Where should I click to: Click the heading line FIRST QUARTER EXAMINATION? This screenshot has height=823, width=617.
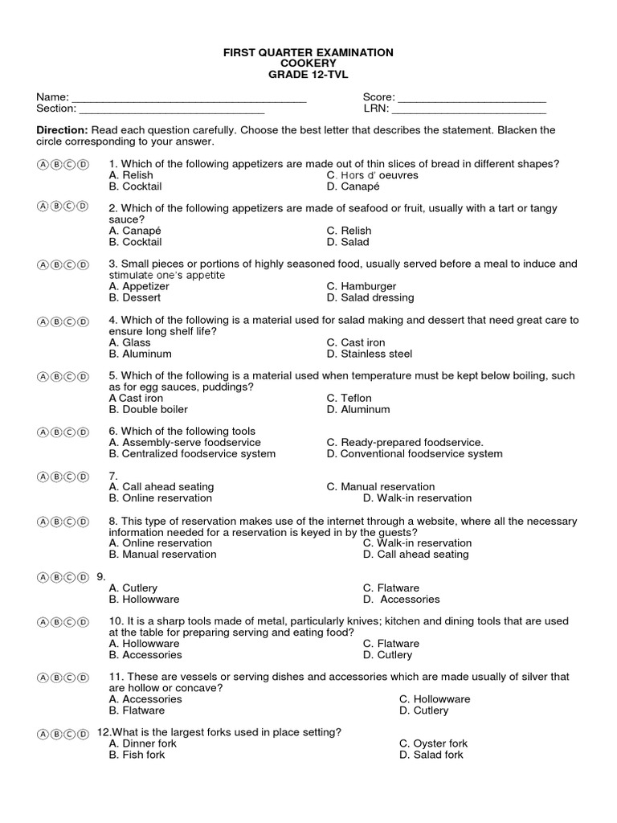pos(308,52)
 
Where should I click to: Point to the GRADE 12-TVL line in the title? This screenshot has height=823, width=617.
pos(308,75)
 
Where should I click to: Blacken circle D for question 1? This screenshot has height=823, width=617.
pos(82,165)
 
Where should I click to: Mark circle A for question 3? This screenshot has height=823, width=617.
pos(42,264)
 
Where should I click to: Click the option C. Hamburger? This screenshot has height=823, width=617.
pos(362,286)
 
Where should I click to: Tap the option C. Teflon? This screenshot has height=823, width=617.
pos(349,398)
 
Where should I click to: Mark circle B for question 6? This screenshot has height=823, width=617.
pos(55,432)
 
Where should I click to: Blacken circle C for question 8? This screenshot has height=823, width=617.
pos(69,522)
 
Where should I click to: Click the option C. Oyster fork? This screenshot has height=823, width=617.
pos(433,743)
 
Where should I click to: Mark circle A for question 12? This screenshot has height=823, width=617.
pos(42,734)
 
